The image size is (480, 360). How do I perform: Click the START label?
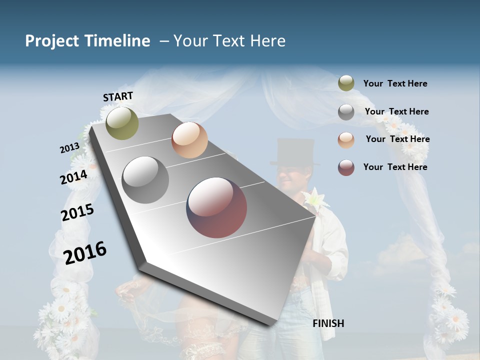[118, 96]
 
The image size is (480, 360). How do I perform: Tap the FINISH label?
[328, 323]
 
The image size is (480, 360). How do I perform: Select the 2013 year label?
[69, 147]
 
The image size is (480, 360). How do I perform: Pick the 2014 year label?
[74, 177]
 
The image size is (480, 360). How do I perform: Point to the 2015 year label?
[77, 212]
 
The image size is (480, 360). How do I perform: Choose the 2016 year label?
[85, 252]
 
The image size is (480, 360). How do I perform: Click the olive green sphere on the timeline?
[122, 123]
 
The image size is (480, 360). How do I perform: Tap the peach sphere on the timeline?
[189, 140]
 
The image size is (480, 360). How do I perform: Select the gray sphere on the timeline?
[145, 180]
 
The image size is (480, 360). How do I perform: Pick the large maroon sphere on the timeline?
[216, 207]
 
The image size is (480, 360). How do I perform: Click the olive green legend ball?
[346, 83]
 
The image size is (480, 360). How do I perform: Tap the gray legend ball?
[346, 112]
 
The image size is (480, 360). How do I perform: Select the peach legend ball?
[346, 140]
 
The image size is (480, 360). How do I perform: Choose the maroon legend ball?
[346, 167]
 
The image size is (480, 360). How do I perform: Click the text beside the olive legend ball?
[395, 84]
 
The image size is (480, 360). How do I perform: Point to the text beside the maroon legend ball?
[395, 167]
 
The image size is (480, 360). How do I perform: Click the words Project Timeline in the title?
[87, 41]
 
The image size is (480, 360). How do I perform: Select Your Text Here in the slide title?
[229, 41]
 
